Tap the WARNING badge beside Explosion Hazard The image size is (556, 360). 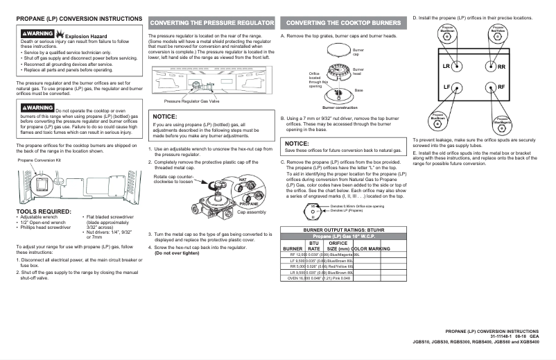pos(37,33)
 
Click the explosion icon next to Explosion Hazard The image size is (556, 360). pos(59,33)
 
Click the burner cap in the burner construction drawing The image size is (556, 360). pos(336,52)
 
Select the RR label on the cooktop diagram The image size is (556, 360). pos(501,67)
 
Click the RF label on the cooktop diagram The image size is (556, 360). pos(501,87)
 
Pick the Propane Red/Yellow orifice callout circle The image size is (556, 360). pos(498,34)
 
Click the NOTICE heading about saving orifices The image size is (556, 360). pos(297,144)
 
